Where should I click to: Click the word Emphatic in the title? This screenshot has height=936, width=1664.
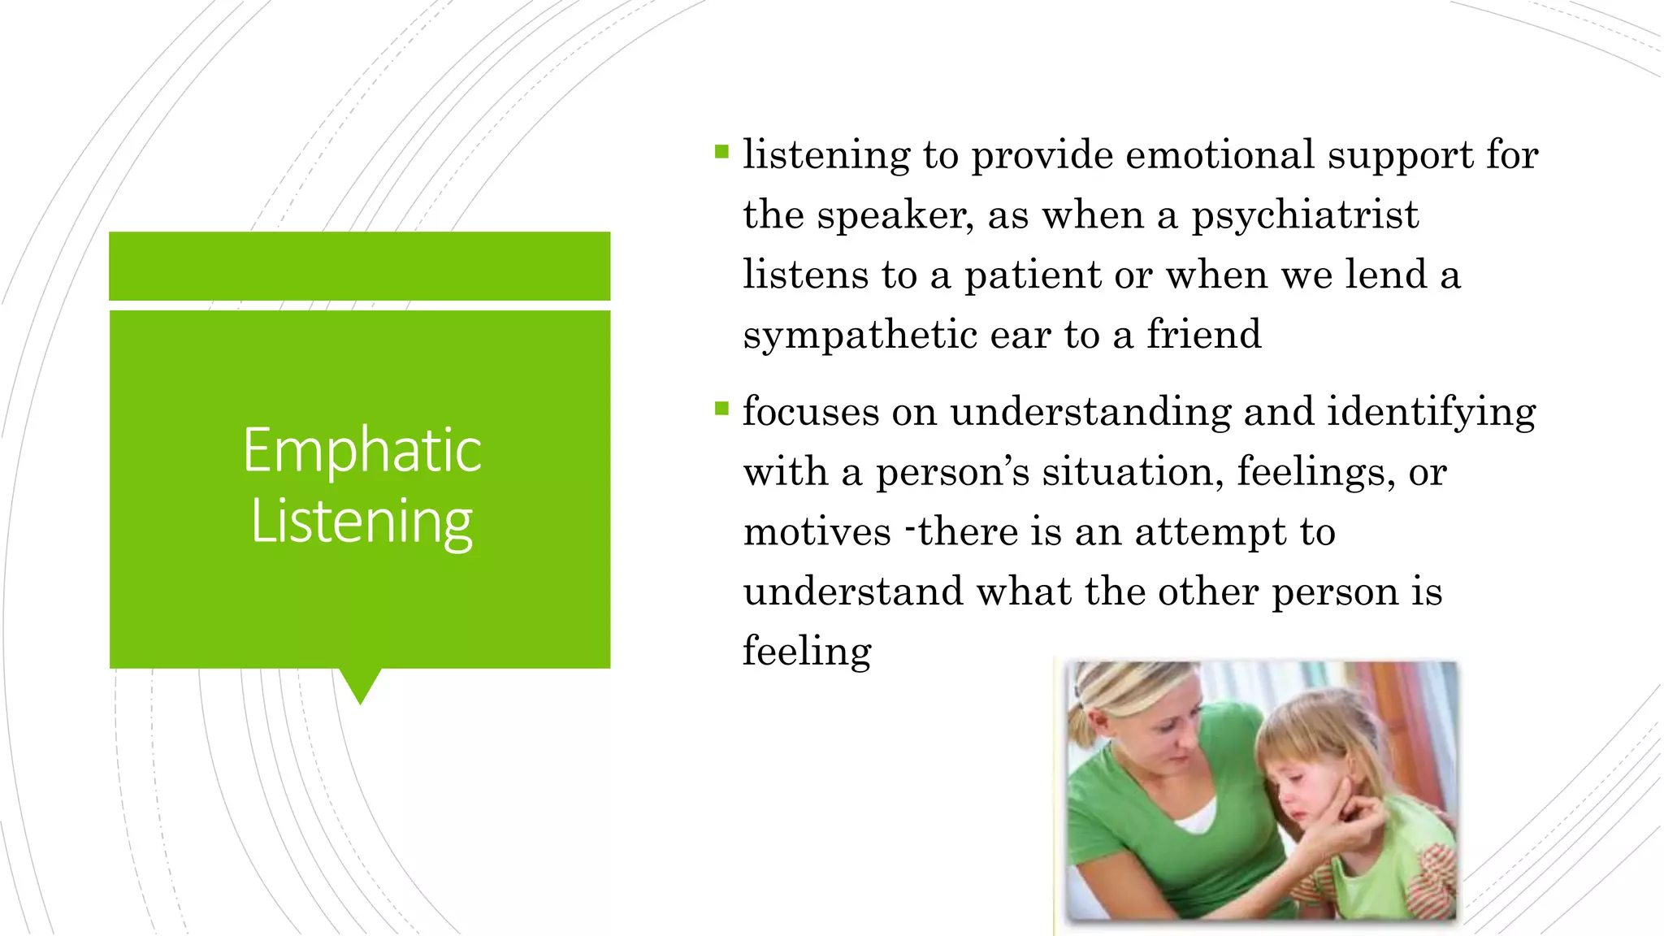[x=362, y=451]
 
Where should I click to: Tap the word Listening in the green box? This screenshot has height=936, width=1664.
[x=362, y=522]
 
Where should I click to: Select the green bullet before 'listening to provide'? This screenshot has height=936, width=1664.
[x=721, y=151]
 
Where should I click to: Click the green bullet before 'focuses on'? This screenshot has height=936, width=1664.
[x=721, y=408]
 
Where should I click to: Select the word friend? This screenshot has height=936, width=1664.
[x=1203, y=334]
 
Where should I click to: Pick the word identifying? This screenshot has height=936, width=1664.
[x=1431, y=412]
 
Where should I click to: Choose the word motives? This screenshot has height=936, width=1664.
[x=817, y=533]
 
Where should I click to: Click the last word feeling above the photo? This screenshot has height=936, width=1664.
[x=807, y=652]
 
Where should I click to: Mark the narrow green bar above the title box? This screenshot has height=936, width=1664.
[x=360, y=266]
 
